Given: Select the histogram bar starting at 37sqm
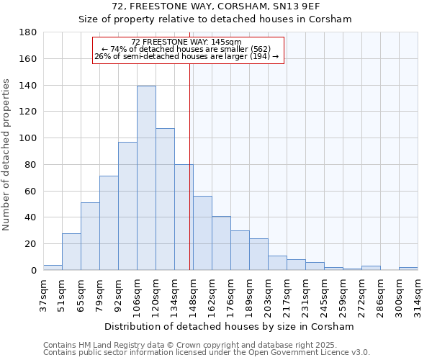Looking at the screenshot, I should (53, 268).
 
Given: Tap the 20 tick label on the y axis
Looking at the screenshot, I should (32, 244).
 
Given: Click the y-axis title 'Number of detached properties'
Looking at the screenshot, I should (7, 155).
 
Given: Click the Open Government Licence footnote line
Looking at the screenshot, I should (207, 352).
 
